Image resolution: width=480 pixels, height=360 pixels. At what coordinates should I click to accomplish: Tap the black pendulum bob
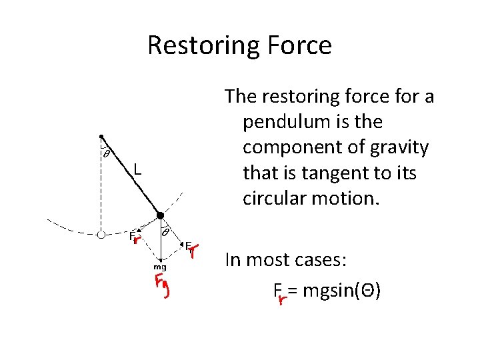160,215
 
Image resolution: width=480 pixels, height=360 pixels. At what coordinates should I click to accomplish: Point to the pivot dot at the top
101,136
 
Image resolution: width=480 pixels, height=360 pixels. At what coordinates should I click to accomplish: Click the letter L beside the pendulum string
136,169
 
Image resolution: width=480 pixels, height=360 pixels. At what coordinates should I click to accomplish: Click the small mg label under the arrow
161,267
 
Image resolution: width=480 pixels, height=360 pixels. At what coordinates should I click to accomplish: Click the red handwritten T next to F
194,251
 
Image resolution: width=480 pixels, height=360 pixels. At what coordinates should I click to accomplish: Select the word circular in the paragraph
276,199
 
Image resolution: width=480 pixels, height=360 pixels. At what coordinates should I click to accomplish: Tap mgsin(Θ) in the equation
342,290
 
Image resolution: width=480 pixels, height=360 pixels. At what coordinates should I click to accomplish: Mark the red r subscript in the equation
282,299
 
